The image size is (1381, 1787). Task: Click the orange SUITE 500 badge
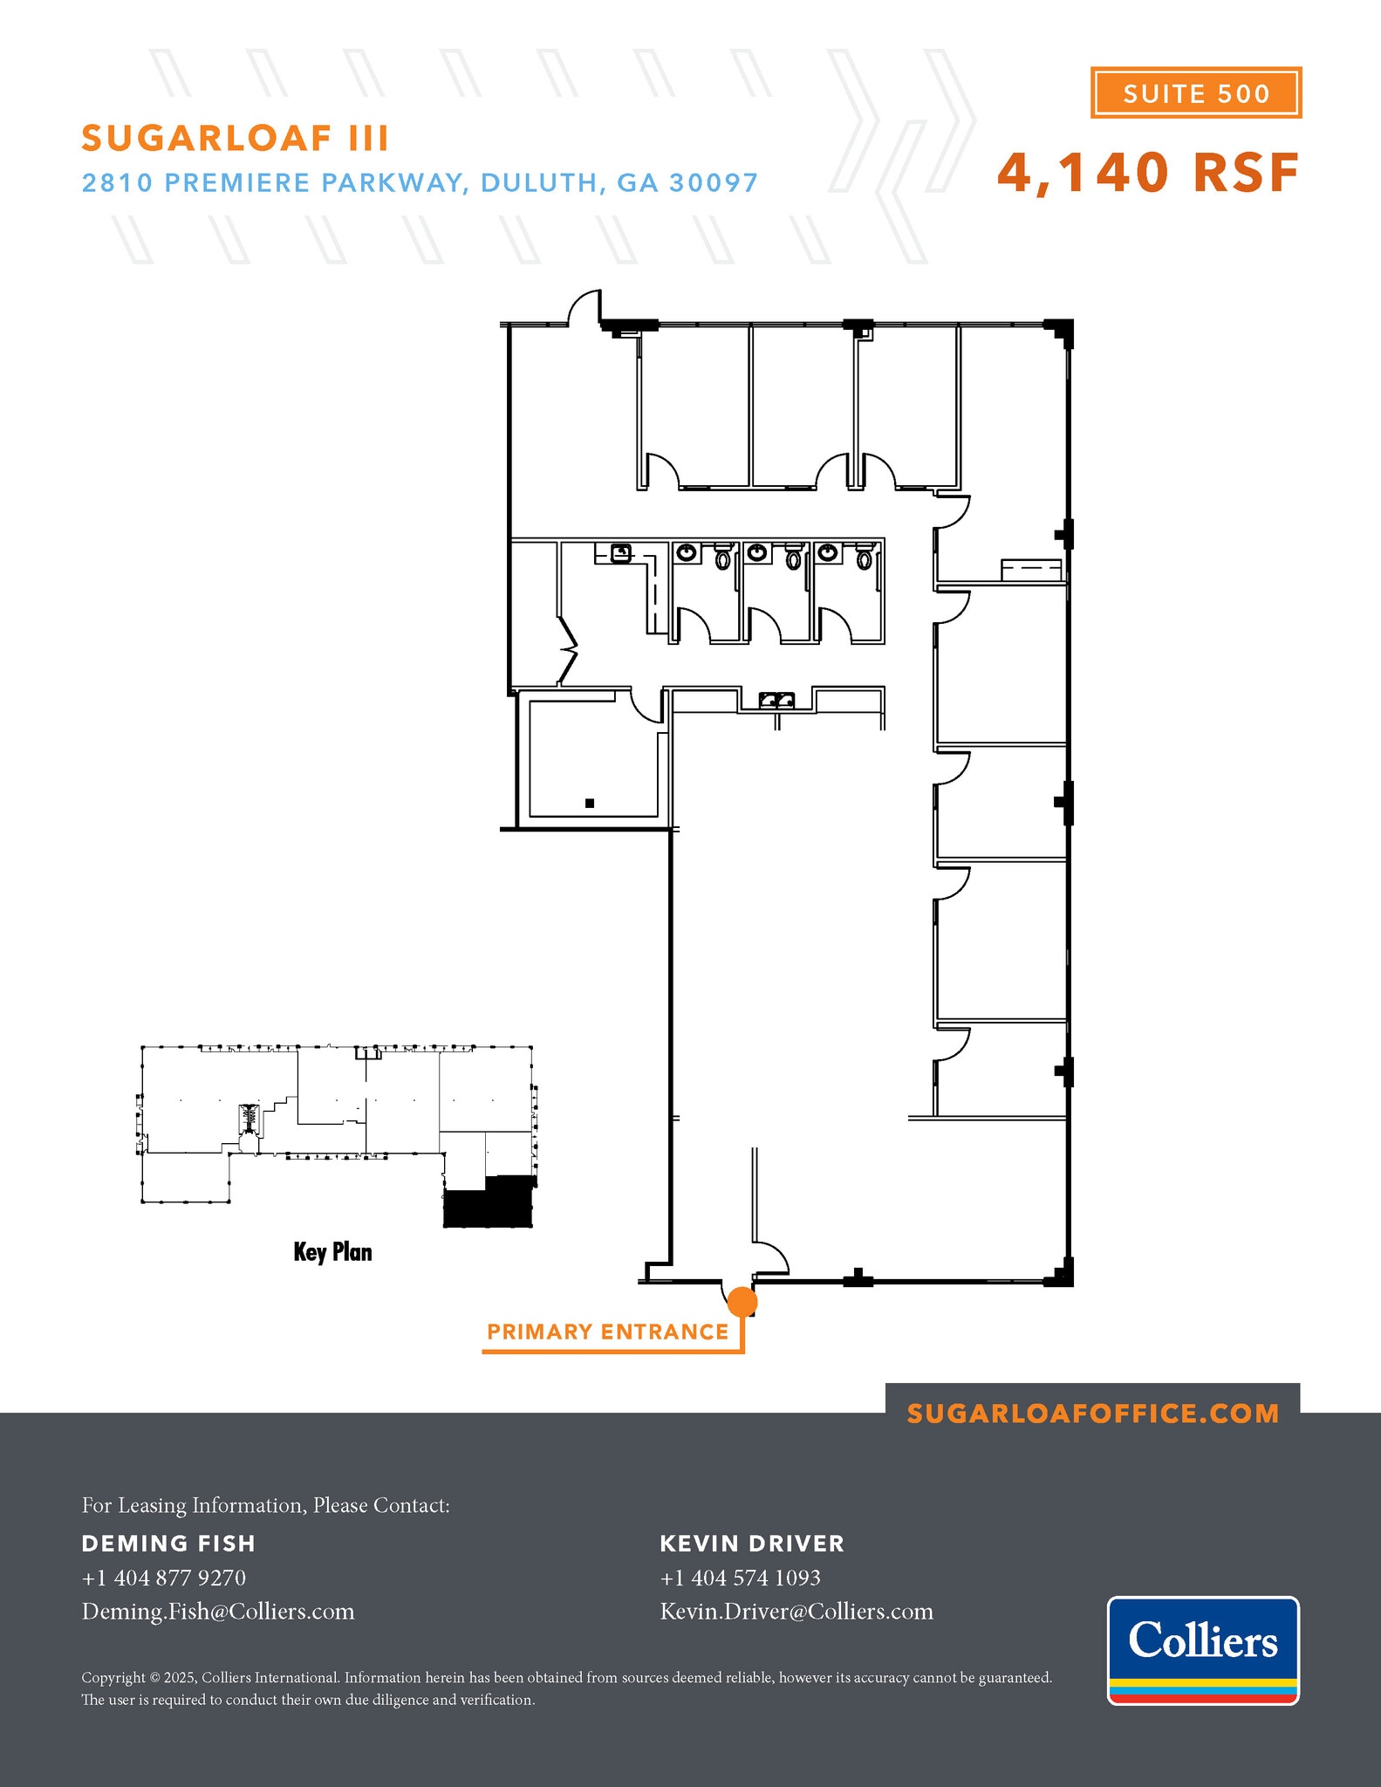coord(1195,92)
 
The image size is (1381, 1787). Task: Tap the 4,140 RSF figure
coord(1148,173)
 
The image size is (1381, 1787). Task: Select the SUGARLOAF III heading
coord(235,138)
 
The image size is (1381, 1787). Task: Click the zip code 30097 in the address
coord(714,183)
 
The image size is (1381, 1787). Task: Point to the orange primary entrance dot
coord(742,1301)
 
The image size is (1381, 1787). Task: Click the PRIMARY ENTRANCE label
coord(607,1332)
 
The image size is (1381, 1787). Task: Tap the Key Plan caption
coord(332,1252)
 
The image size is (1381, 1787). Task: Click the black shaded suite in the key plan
coord(488,1204)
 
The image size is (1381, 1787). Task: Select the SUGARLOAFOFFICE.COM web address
coord(1092,1414)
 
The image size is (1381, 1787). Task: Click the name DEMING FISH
coord(168,1544)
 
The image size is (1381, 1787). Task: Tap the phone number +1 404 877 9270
coord(163,1578)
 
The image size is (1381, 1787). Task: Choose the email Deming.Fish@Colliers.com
coord(218,1612)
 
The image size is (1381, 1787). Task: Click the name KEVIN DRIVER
coord(752,1544)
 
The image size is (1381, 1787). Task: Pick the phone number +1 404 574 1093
coord(740,1578)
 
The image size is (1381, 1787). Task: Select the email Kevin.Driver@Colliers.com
coord(796,1612)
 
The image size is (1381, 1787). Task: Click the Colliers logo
coord(1203,1650)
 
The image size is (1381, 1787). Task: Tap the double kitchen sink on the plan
coord(776,700)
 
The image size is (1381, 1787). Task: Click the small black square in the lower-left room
coord(590,803)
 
